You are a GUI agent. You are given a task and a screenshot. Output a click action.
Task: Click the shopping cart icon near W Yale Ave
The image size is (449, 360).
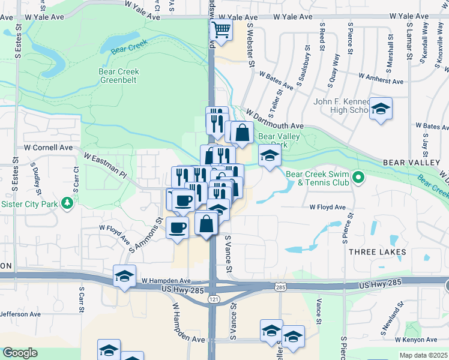tap(222, 29)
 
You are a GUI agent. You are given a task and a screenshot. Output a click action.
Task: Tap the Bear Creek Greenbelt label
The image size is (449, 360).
tap(119, 76)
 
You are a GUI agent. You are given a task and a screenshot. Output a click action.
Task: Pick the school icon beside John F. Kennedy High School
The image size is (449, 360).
tap(381, 109)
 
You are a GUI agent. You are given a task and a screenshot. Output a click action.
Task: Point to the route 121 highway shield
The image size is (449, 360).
tap(214, 298)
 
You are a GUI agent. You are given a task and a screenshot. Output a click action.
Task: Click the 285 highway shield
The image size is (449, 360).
tap(280, 288)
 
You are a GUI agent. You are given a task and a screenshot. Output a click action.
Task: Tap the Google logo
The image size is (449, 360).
tap(20, 353)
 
